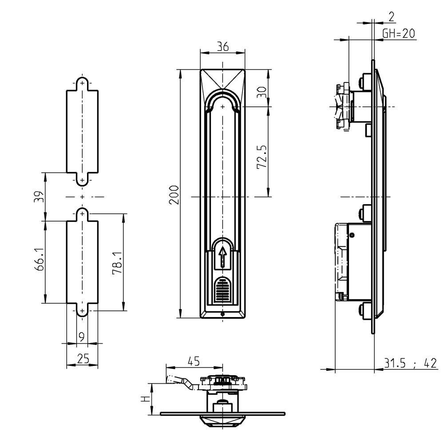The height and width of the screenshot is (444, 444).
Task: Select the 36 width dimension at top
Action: (222, 47)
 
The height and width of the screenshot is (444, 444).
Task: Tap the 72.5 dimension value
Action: (262, 155)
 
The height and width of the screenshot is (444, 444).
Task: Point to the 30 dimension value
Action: (262, 92)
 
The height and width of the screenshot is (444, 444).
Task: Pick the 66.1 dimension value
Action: (39, 262)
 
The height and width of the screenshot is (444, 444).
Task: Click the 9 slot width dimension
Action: (81, 337)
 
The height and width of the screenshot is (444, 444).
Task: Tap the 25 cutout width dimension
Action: (82, 358)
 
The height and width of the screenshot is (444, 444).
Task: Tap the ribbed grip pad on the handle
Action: (222, 291)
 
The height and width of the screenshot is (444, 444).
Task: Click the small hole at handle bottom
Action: (222, 314)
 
